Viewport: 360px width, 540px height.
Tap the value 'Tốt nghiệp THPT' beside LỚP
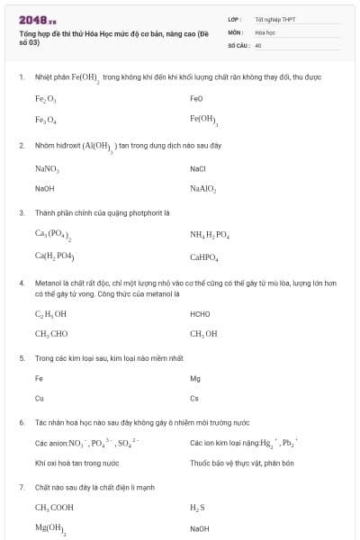(x=268, y=19)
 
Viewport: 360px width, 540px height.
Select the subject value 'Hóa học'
(x=264, y=31)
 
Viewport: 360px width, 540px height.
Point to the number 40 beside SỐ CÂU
(x=257, y=44)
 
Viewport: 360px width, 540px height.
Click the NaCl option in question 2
(x=198, y=168)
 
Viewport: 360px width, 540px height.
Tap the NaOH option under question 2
(x=44, y=189)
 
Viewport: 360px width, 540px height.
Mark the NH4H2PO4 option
(x=210, y=235)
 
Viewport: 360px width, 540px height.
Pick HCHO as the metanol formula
(x=200, y=314)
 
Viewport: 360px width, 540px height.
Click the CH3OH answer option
(x=203, y=334)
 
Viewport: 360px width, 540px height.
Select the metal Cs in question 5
(x=194, y=397)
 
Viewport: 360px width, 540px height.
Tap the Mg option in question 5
(x=195, y=378)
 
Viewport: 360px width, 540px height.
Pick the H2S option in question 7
(x=197, y=508)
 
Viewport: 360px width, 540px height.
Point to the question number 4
(x=21, y=283)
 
